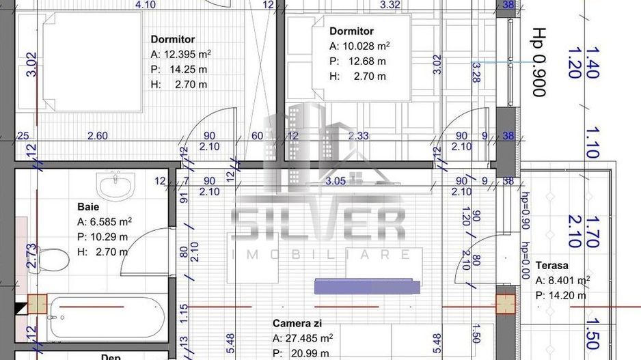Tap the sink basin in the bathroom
(x=118, y=185)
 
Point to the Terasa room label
(x=552, y=266)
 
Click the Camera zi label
(x=297, y=322)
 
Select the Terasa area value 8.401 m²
(x=562, y=280)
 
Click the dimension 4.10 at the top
(x=146, y=5)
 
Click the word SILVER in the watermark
(x=319, y=225)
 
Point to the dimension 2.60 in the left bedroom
(x=98, y=136)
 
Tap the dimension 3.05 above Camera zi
(x=335, y=181)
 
